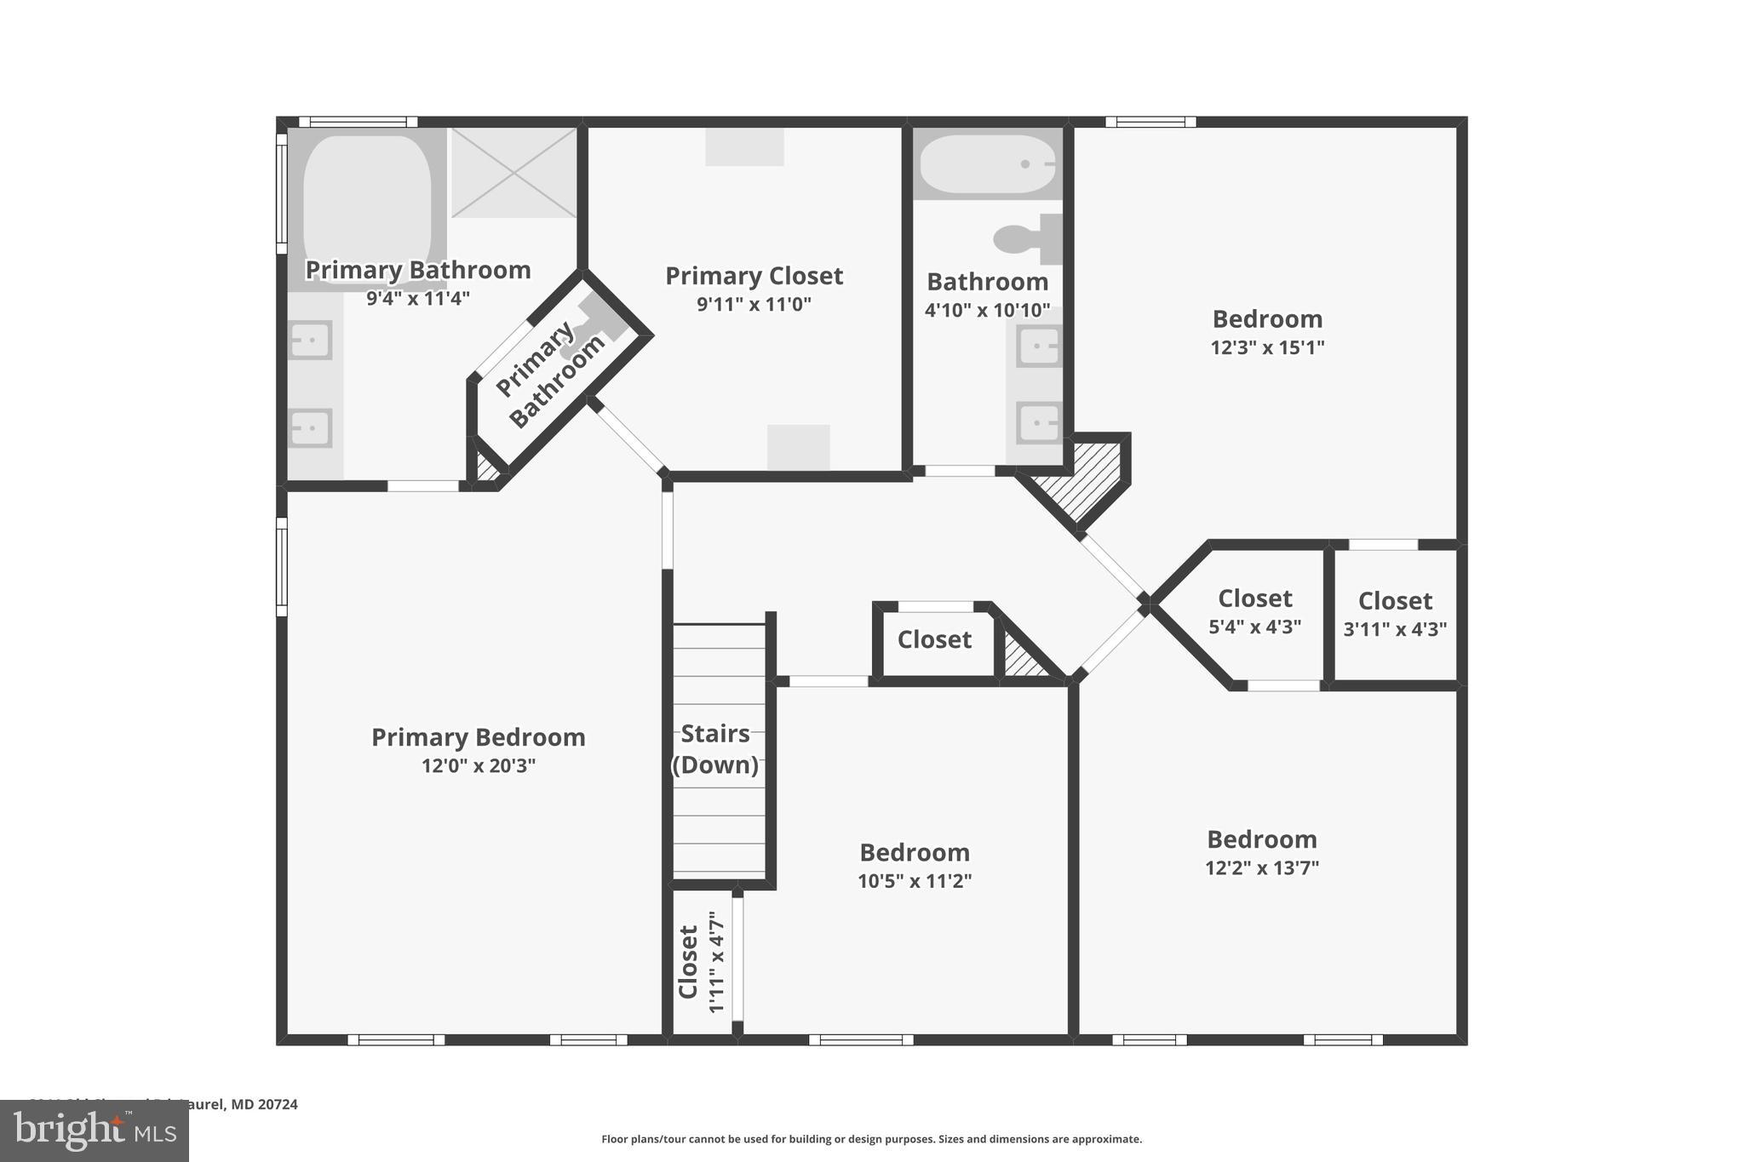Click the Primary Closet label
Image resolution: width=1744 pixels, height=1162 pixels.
click(754, 276)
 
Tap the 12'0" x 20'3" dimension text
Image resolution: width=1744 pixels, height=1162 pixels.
click(479, 765)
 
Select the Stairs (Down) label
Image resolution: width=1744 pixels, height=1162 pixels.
click(715, 749)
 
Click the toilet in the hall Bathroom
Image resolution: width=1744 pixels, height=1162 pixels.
click(1026, 239)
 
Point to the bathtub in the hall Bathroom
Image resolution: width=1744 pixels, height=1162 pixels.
click(988, 164)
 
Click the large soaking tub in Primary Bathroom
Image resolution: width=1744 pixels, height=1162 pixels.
click(367, 200)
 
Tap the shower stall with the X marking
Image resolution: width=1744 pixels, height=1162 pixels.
click(513, 173)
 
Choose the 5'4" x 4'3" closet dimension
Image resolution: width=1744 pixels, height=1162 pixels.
click(1255, 627)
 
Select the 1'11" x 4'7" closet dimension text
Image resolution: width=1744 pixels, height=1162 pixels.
click(716, 962)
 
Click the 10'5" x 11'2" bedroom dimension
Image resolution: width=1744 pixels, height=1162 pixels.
click(915, 881)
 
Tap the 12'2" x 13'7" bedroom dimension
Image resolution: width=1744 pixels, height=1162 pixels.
click(1262, 868)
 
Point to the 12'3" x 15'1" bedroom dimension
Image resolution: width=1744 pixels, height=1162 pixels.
click(1267, 347)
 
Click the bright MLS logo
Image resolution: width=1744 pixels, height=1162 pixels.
click(95, 1131)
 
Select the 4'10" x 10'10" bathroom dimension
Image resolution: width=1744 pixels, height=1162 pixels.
click(988, 310)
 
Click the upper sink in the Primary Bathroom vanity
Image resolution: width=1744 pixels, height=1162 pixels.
click(310, 341)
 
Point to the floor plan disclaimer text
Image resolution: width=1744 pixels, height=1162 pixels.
click(871, 1139)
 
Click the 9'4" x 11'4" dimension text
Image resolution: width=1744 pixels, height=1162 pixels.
click(418, 299)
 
